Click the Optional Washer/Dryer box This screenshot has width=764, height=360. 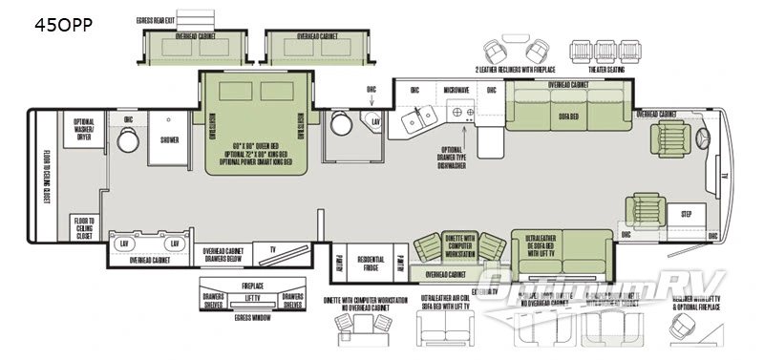point(89,128)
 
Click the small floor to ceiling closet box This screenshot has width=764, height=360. point(83,227)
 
